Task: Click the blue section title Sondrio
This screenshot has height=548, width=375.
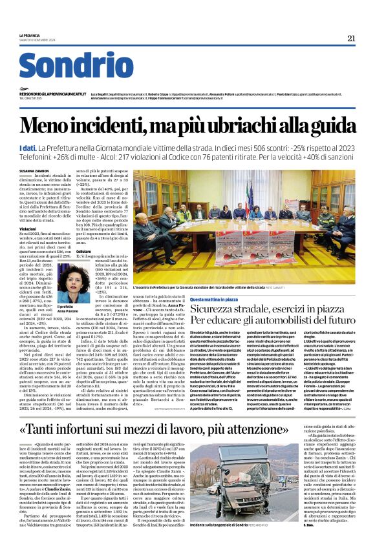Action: pos(76,66)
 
